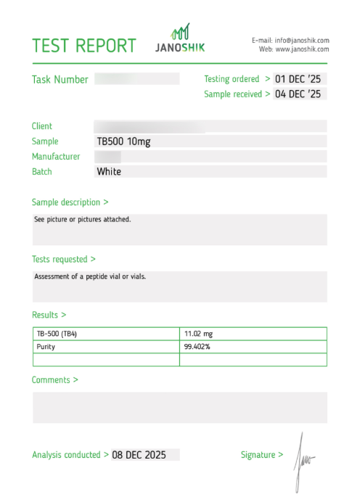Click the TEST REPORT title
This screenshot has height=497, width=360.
84,45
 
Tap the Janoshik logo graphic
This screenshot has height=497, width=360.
181,33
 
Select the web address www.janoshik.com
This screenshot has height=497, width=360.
302,49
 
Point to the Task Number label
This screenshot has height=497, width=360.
60,80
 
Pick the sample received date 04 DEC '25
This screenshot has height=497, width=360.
300,94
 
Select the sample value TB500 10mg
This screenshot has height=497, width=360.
123,141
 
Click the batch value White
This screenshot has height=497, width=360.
109,172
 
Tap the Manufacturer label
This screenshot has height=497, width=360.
56,157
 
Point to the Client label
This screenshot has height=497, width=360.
42,126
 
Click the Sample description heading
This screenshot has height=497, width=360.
70,202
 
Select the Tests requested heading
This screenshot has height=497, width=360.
63,259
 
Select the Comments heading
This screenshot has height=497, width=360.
54,380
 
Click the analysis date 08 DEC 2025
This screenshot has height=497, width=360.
139,455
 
